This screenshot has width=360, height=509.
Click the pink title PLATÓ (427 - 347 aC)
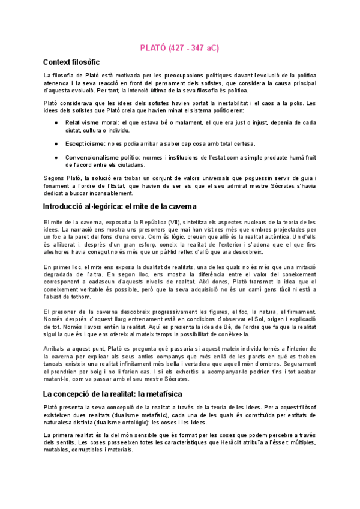click(x=179, y=47)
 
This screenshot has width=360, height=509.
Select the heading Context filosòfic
click(x=71, y=62)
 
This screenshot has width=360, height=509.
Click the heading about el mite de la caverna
click(x=121, y=206)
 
